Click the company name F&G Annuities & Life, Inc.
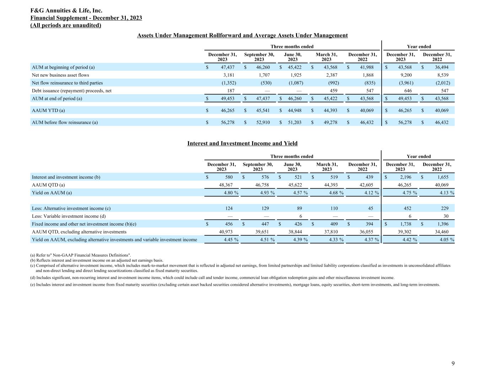tap(66, 11)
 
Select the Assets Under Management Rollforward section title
tap(242, 35)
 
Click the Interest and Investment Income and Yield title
tap(242, 143)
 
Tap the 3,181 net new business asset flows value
tap(229, 75)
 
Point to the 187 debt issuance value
tap(231, 91)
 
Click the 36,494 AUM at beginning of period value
tap(442, 67)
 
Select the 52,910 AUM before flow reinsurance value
tap(263, 122)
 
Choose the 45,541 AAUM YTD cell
tap(263, 111)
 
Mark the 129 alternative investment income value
tap(265, 208)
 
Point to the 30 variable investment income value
tap(446, 216)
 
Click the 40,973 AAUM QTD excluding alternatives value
tap(226, 232)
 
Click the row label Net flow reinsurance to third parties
tap(67, 83)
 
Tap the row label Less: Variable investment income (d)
tap(69, 216)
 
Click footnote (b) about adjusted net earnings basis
tap(97, 261)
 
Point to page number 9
tap(453, 363)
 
